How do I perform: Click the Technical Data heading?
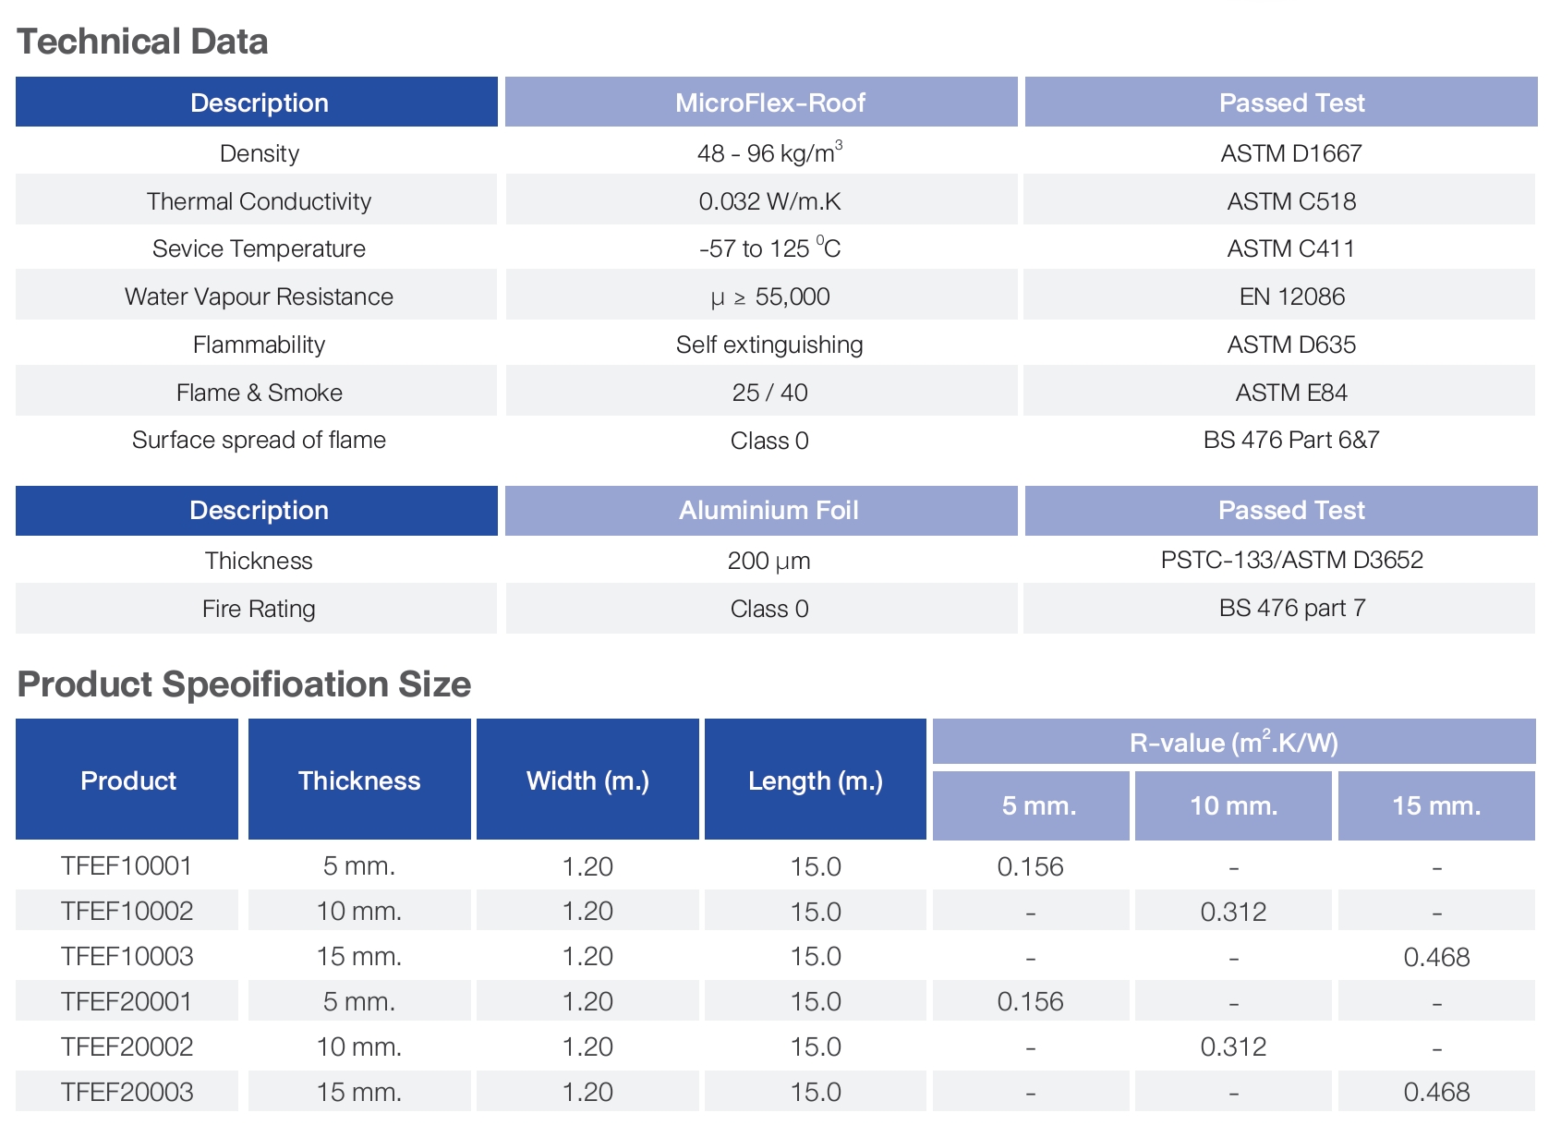point(142,42)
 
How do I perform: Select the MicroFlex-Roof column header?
point(769,103)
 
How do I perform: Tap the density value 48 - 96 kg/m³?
point(769,152)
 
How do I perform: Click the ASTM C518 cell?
point(1290,201)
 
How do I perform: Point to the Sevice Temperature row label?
point(259,248)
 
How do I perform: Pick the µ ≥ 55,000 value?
point(769,296)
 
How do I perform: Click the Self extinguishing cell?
point(769,345)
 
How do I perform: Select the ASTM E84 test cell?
point(1290,393)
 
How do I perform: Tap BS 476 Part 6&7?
point(1290,440)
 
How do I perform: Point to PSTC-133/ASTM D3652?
point(1291,560)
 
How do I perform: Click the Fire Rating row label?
point(259,609)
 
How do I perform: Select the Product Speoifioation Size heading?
point(244,684)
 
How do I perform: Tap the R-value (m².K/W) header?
point(1233,743)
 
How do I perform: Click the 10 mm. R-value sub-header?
point(1233,805)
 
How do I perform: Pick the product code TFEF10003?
point(127,956)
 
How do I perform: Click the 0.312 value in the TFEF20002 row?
point(1233,1046)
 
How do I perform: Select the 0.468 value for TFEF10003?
point(1436,957)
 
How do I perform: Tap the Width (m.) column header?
point(587,780)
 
